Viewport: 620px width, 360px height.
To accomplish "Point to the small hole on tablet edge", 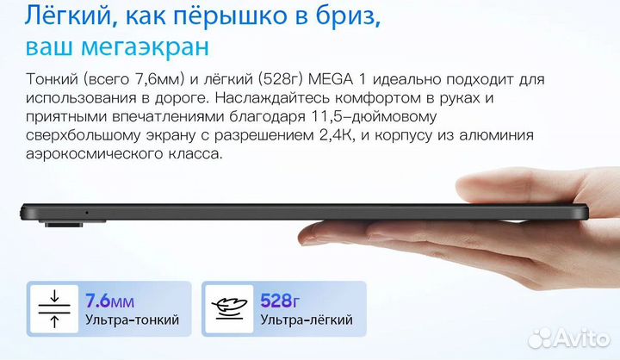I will point(86,212).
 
